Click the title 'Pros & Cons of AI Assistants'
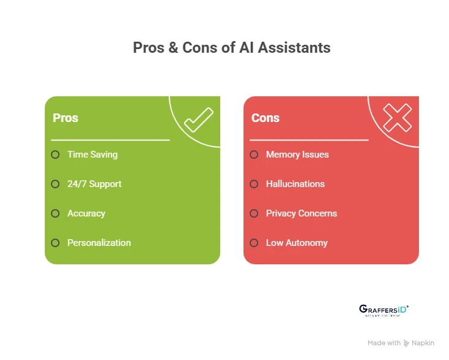pyautogui.click(x=232, y=47)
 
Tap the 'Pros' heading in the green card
pyautogui.click(x=66, y=118)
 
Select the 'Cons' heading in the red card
pyautogui.click(x=266, y=118)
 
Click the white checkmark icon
pyautogui.click(x=198, y=119)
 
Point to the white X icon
pyautogui.click(x=397, y=117)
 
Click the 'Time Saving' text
pyautogui.click(x=92, y=155)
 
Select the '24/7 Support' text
pyautogui.click(x=94, y=184)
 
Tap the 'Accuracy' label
pyautogui.click(x=86, y=213)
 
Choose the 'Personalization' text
pyautogui.click(x=99, y=243)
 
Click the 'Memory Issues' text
pyautogui.click(x=297, y=155)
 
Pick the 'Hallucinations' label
pyautogui.click(x=295, y=184)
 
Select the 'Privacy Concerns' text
pyautogui.click(x=301, y=213)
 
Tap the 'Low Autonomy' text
pyautogui.click(x=297, y=243)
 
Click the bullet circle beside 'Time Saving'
pyautogui.click(x=55, y=155)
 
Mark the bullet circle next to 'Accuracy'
pyautogui.click(x=55, y=213)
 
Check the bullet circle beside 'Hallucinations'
pyautogui.click(x=254, y=184)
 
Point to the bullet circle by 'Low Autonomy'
pyautogui.click(x=254, y=243)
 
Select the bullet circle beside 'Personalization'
pyautogui.click(x=55, y=243)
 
